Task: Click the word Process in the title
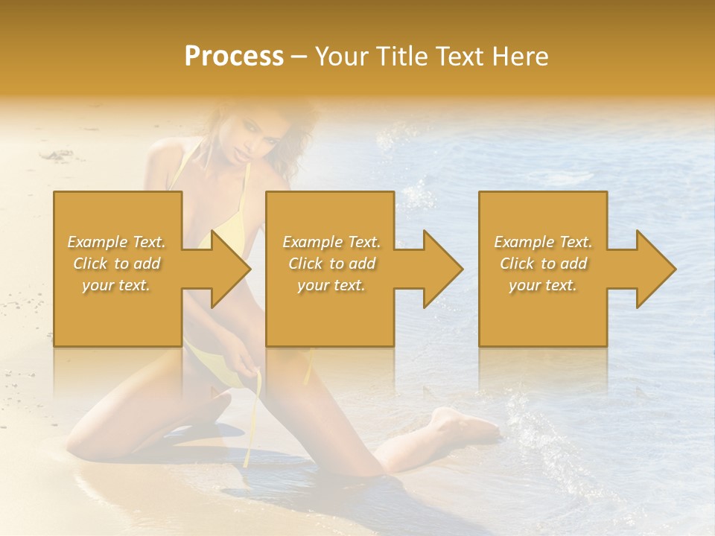click(234, 57)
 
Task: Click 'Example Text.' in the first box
click(117, 242)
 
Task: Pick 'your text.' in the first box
click(117, 285)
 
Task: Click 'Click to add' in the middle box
click(331, 264)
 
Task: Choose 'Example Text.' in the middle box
click(331, 242)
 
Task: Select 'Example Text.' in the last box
click(543, 242)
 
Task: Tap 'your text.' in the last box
click(543, 285)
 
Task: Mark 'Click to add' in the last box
click(543, 264)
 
